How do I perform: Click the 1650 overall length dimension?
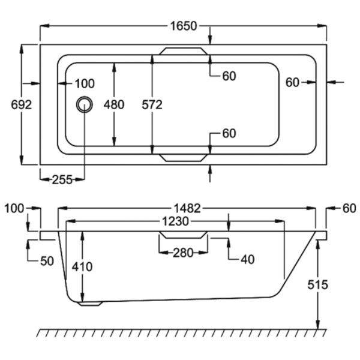click(x=184, y=26)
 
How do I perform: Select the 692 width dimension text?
click(x=22, y=104)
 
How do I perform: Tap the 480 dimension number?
click(x=113, y=104)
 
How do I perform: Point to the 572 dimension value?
click(x=153, y=104)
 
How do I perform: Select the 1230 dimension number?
click(x=175, y=222)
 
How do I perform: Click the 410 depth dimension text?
click(x=82, y=267)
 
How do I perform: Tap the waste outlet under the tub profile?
click(x=91, y=303)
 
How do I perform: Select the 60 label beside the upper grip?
click(x=229, y=76)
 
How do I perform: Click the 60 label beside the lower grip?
click(x=229, y=133)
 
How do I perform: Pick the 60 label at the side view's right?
click(x=349, y=208)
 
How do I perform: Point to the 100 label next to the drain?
click(x=85, y=83)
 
